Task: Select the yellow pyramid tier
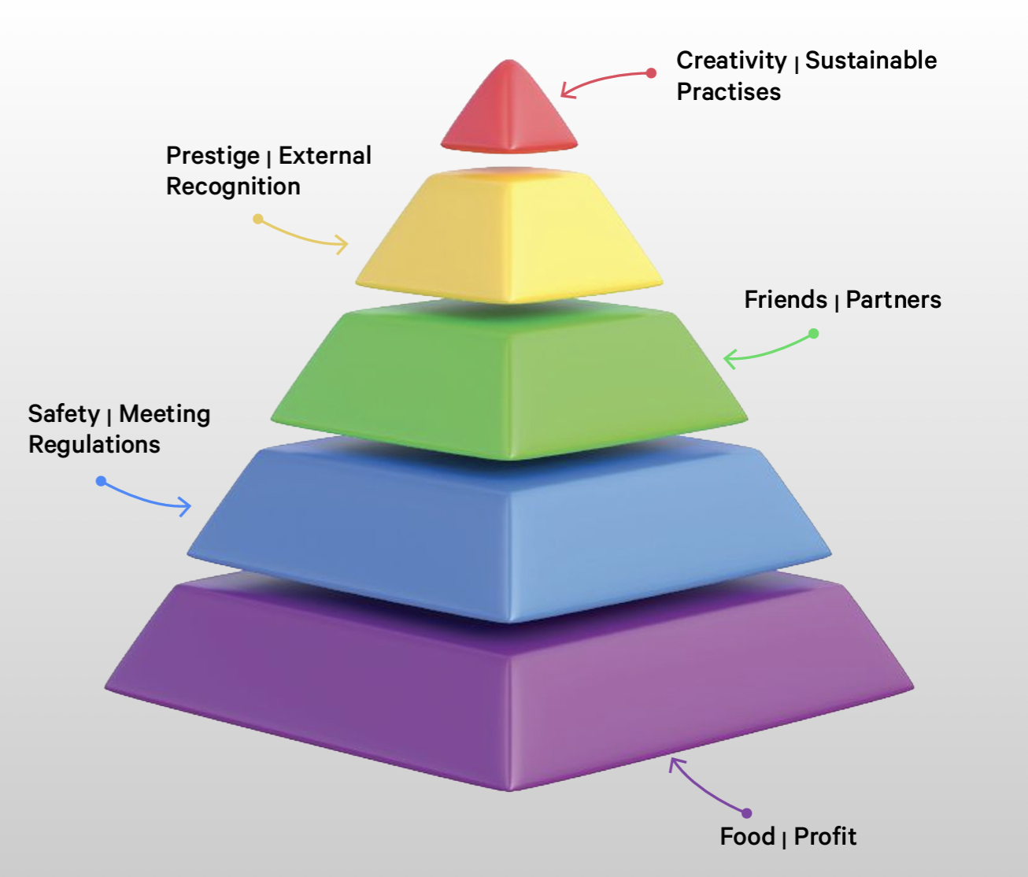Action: pyautogui.click(x=508, y=236)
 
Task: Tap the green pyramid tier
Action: pyautogui.click(x=508, y=380)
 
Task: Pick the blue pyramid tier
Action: pyautogui.click(x=508, y=529)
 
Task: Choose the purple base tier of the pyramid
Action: pyautogui.click(x=508, y=682)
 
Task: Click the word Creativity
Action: pyautogui.click(x=731, y=61)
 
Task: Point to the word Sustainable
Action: pyautogui.click(x=871, y=60)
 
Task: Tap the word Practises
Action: pyautogui.click(x=729, y=92)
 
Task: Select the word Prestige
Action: pyautogui.click(x=213, y=157)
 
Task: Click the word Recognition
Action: pyautogui.click(x=233, y=187)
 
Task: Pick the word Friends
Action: pyautogui.click(x=786, y=299)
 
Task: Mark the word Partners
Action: pyautogui.click(x=893, y=300)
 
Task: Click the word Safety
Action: pyautogui.click(x=65, y=415)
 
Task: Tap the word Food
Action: pyautogui.click(x=748, y=836)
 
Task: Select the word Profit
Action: pyautogui.click(x=825, y=836)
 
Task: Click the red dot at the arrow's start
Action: pyautogui.click(x=651, y=73)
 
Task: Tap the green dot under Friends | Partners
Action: pyautogui.click(x=814, y=333)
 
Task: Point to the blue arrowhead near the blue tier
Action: pyautogui.click(x=185, y=507)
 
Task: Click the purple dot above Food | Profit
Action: pyautogui.click(x=746, y=813)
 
